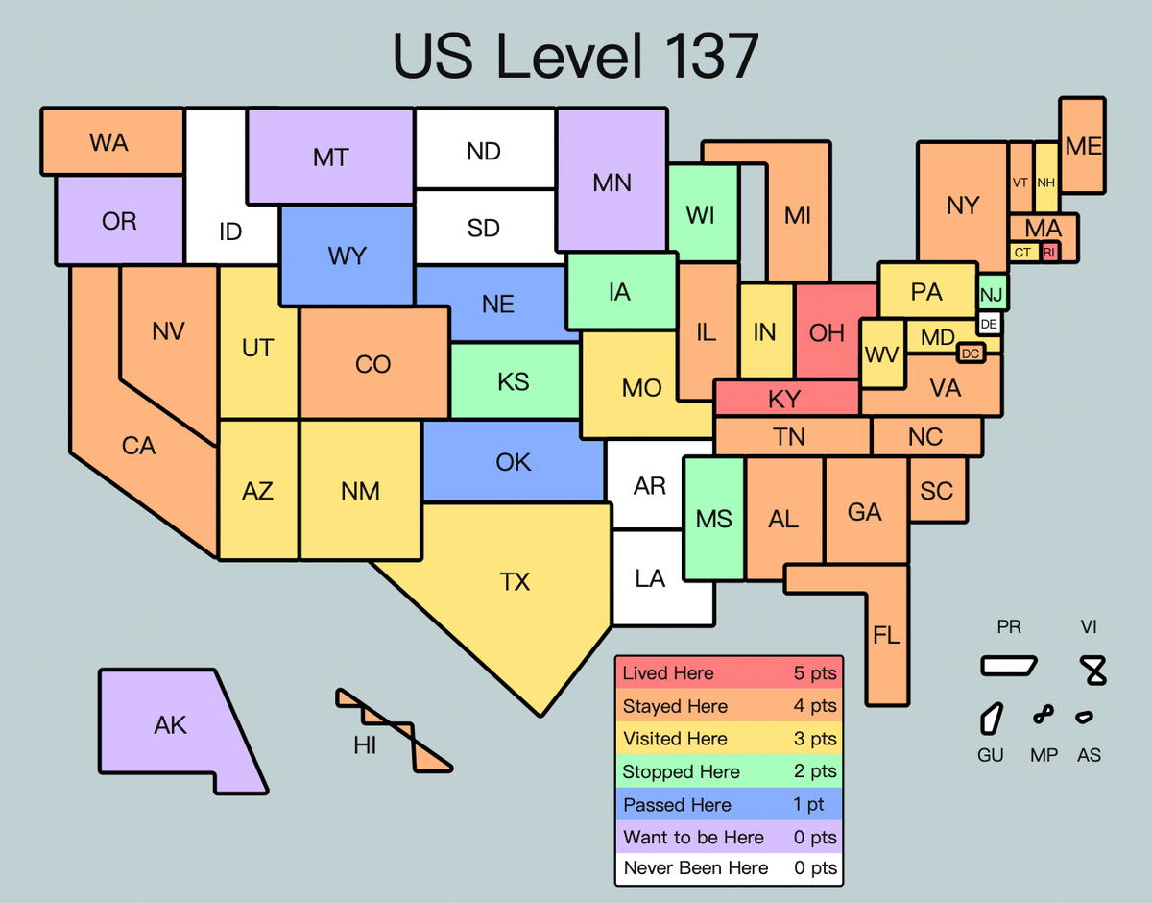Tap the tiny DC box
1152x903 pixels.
[971, 354]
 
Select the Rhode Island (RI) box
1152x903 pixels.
[1049, 252]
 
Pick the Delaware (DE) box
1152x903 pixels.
[989, 324]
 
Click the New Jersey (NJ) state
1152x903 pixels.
[991, 292]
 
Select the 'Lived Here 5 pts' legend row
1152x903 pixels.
[729, 673]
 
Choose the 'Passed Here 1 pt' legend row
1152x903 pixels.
[729, 805]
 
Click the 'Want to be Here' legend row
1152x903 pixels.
[729, 837]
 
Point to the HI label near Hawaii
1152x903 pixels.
[365, 745]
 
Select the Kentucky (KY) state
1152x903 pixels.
[785, 398]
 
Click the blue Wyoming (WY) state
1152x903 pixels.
[346, 256]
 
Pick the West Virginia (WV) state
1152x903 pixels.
[881, 354]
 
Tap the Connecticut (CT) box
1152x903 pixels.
[1022, 253]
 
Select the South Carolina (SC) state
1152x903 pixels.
[936, 490]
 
